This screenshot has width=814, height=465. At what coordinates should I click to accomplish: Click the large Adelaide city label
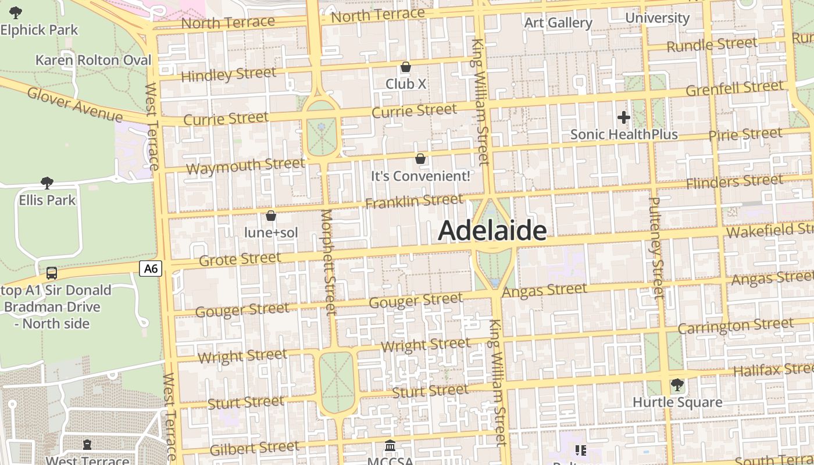pos(492,231)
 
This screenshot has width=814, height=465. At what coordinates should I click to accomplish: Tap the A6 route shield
pos(151,268)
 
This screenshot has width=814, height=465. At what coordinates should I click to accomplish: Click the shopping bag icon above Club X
pos(406,67)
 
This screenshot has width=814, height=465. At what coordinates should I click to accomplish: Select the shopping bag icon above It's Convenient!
pos(420,158)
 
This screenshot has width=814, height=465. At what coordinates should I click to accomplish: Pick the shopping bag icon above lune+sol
pos(270,216)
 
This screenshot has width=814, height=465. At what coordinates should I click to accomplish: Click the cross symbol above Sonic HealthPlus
pos(623,118)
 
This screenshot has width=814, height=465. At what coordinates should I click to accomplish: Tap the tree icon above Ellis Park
pos(47,184)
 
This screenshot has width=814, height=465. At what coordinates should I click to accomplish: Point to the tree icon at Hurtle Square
pos(677,384)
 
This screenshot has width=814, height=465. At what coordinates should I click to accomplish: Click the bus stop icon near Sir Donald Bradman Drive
pos(52,273)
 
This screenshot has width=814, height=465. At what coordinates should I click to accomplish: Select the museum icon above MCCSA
pos(391,446)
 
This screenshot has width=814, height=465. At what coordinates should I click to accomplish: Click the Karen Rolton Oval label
pos(93,60)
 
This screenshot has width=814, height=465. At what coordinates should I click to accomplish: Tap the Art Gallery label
pos(558,23)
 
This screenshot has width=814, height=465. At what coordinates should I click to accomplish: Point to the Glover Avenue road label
pos(74,104)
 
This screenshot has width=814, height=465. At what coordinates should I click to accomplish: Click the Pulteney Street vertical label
pos(655,248)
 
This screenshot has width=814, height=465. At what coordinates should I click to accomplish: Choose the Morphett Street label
pos(329,262)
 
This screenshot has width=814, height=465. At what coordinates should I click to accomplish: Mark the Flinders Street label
pos(734,182)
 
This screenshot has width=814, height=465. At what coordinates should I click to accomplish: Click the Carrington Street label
pos(735,326)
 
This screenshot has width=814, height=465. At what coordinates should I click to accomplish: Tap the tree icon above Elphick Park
pos(16,12)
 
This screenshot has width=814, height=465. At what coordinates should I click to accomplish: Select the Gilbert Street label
pos(254,448)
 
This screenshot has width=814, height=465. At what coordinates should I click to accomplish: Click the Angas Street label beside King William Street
pos(544,291)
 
